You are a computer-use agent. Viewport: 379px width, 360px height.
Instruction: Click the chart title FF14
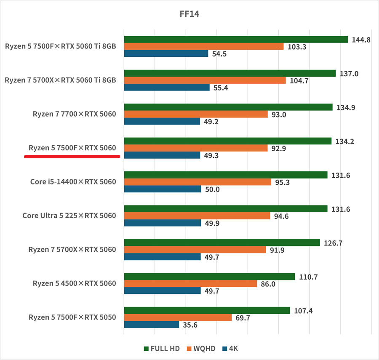[x=189, y=14]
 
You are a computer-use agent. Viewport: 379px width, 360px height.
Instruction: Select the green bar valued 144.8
[x=236, y=40]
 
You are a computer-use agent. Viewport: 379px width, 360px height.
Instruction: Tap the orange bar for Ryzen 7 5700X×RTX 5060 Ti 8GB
[x=205, y=80]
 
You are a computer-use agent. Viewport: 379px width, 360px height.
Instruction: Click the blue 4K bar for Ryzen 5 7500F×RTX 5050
[x=152, y=325]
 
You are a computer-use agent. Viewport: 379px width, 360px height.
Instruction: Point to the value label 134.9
[x=346, y=107]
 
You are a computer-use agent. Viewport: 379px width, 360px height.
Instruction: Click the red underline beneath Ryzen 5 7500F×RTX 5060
[x=72, y=156]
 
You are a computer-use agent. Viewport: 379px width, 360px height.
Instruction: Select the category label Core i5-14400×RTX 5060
[x=73, y=182]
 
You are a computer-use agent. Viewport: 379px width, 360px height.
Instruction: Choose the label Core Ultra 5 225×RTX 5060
[x=69, y=216]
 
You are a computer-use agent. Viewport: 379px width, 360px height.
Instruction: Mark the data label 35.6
[x=190, y=325]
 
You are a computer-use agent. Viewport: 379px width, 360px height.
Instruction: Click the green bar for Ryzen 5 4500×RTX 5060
[x=209, y=276]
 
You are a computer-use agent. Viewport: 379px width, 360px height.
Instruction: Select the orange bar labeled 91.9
[x=195, y=250]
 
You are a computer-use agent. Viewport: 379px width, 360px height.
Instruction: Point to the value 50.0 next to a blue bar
[x=212, y=189]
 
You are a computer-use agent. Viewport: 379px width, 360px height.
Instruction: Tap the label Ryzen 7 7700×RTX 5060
[x=74, y=114]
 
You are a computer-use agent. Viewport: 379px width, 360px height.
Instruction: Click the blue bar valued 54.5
[x=166, y=53]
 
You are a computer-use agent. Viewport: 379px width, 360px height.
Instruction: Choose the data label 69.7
[x=242, y=318]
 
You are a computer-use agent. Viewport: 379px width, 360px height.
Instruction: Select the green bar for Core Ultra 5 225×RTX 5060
[x=225, y=209]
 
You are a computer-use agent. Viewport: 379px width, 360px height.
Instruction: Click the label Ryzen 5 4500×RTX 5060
[x=74, y=283]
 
